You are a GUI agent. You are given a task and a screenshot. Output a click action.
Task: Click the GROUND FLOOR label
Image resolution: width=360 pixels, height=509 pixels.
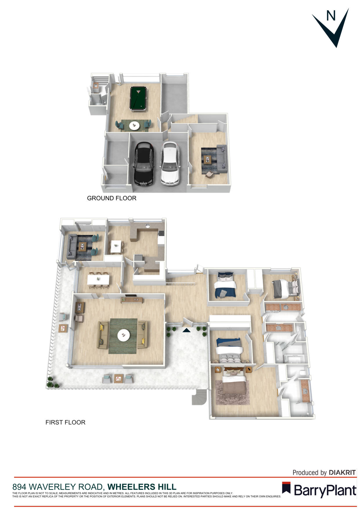[x=111, y=198]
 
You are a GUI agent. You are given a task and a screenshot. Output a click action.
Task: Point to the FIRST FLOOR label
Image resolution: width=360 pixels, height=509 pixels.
[x=65, y=422]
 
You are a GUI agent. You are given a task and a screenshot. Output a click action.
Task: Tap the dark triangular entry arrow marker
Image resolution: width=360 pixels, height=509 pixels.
[x=186, y=330]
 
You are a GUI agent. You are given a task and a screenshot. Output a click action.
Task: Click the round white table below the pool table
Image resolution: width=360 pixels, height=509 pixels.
[x=134, y=126]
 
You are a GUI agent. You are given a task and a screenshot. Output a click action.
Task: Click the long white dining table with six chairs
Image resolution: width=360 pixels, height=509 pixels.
[x=98, y=280]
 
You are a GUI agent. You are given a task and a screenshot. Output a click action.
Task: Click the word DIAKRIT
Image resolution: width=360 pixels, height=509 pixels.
[x=342, y=473]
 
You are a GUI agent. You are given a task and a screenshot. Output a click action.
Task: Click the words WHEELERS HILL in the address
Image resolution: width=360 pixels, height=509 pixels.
[x=142, y=487]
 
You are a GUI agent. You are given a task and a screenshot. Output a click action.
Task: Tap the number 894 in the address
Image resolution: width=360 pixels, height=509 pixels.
[x=19, y=487]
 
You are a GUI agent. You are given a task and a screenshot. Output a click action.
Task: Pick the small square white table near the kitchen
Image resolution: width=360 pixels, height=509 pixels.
[x=116, y=246]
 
